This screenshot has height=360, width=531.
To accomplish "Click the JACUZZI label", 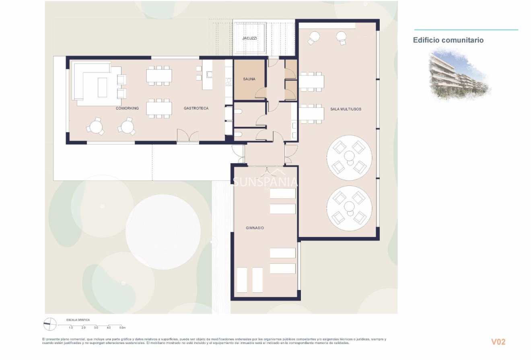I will pos(249,38).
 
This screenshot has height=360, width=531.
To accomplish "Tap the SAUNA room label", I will pos(249,79).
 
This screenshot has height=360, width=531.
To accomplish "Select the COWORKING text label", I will pos(127,108).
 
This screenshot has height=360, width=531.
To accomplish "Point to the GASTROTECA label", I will pos(196,108).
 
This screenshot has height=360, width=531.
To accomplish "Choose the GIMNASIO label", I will pos(255,228).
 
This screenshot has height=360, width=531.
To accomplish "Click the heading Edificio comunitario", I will pos(448,40).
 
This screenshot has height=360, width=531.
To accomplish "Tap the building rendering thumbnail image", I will pos(459,75).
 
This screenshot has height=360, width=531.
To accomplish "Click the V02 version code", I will pos(498,342).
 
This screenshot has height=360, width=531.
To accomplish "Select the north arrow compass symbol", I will pos(50,324).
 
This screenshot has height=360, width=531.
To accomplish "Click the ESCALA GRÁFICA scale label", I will pos(78,320).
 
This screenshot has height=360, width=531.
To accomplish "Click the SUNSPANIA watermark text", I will pos(265,182).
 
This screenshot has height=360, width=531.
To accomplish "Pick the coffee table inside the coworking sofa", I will pos(102,87).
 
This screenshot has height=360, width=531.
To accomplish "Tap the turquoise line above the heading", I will pos(466,30).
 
